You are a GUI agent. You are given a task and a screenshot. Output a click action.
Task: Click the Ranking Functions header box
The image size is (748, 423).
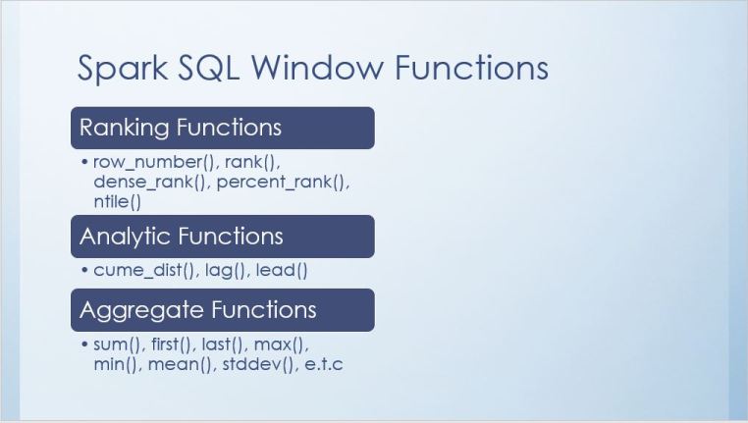[x=222, y=128]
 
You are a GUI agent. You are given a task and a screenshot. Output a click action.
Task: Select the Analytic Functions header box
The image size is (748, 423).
[x=222, y=237]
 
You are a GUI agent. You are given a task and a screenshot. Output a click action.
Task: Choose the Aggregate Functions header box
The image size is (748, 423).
[x=222, y=310]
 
